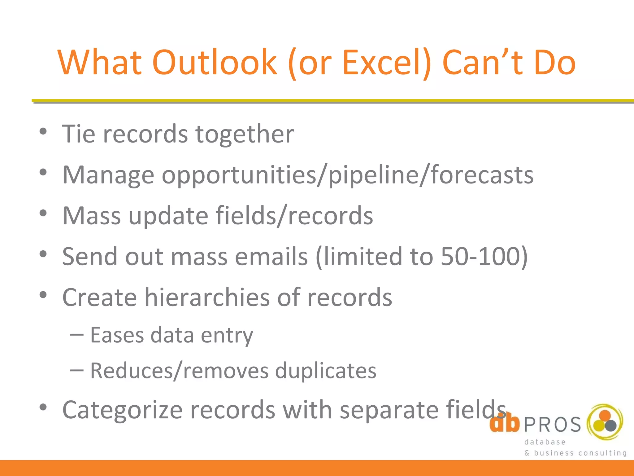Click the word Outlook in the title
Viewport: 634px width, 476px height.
tap(215, 63)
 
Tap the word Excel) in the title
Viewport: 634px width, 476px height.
tap(387, 63)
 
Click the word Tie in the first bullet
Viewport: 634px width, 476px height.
tap(79, 134)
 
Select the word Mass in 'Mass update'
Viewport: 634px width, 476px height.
tap(92, 216)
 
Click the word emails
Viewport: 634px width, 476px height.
tap(271, 257)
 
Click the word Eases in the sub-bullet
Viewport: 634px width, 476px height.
tap(117, 335)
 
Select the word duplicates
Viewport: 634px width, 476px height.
tap(326, 371)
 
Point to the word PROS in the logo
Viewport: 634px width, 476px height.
tap(553, 425)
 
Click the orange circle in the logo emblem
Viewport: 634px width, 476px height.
tap(605, 416)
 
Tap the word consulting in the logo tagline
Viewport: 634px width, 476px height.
tap(602, 453)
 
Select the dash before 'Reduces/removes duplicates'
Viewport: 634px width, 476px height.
tap(76, 370)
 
